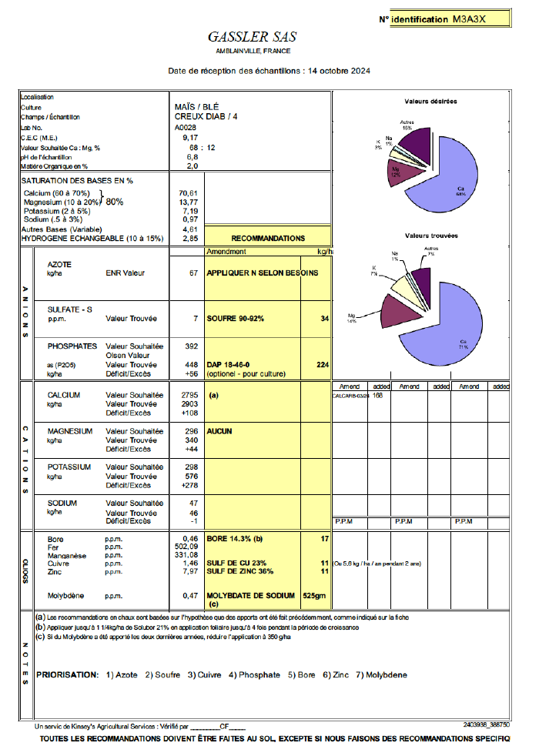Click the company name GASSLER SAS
point(252,37)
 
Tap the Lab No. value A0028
point(186,127)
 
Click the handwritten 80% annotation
point(114,202)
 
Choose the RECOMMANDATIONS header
point(268,239)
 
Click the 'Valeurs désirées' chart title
point(430,102)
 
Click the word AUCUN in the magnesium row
point(220,431)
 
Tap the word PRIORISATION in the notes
point(67,675)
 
